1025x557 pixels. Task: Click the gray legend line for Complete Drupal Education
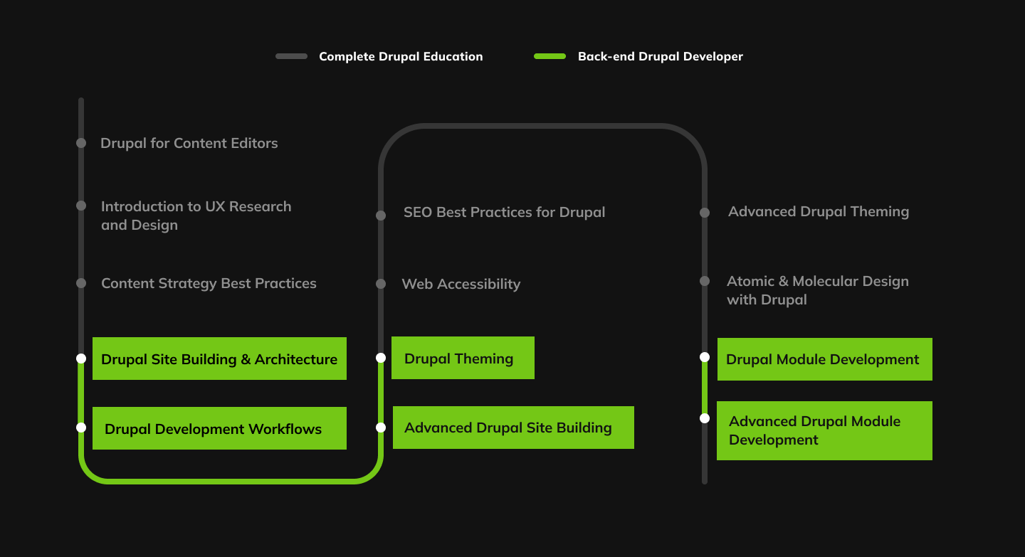pyautogui.click(x=291, y=56)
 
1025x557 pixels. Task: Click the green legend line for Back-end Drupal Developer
pyautogui.click(x=550, y=56)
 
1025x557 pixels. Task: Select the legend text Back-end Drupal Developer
pyautogui.click(x=660, y=57)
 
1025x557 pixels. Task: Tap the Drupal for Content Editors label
pyautogui.click(x=189, y=143)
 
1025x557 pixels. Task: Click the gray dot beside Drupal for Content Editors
pyautogui.click(x=81, y=143)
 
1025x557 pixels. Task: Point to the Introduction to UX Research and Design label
pyautogui.click(x=196, y=216)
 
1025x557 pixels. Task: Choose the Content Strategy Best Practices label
pyautogui.click(x=209, y=283)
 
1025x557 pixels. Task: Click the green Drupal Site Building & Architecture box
pyautogui.click(x=219, y=359)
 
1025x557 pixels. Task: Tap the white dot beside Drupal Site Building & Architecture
pyautogui.click(x=81, y=359)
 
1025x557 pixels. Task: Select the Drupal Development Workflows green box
pyautogui.click(x=219, y=428)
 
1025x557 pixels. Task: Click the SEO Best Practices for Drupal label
pyautogui.click(x=504, y=212)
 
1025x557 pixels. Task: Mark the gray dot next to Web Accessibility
pyautogui.click(x=381, y=284)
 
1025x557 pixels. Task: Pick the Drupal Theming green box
pyautogui.click(x=463, y=358)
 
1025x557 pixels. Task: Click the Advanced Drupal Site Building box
pyautogui.click(x=513, y=428)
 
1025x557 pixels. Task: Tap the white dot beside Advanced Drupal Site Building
pyautogui.click(x=381, y=428)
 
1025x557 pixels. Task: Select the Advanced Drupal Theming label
pyautogui.click(x=819, y=211)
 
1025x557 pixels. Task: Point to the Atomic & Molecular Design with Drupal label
pyautogui.click(x=817, y=290)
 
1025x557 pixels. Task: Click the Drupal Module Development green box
pyautogui.click(x=824, y=359)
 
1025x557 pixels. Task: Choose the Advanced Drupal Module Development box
pyautogui.click(x=824, y=430)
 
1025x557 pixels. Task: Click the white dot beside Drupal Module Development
pyautogui.click(x=705, y=357)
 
